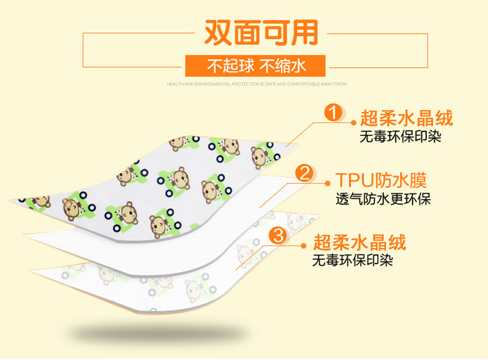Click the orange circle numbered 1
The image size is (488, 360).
pos(333,113)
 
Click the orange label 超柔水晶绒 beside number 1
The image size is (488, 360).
pos(407,118)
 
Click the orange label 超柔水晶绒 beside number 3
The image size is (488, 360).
pos(359,243)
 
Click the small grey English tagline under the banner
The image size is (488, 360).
pos(256,84)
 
